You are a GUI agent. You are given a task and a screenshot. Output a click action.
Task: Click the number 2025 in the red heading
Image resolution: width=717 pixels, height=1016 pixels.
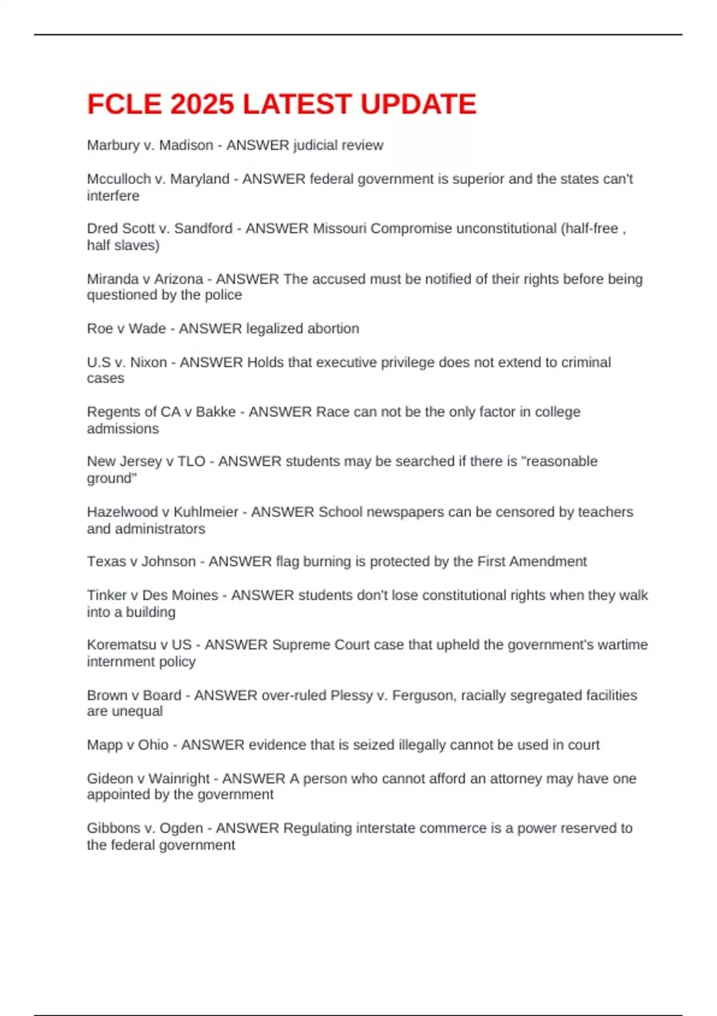tap(202, 105)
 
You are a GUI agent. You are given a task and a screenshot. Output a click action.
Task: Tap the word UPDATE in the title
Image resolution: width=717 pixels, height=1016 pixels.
tap(418, 105)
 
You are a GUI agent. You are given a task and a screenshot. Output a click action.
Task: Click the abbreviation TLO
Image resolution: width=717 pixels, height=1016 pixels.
tap(191, 461)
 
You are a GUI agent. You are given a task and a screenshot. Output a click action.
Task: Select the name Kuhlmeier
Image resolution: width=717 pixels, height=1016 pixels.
tap(206, 512)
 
